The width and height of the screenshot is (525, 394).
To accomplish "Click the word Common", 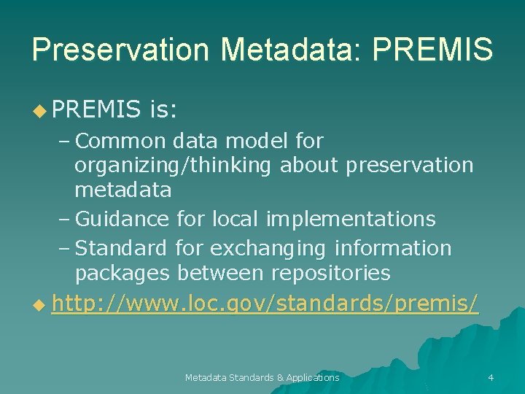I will [120, 139].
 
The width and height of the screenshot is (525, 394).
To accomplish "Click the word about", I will [309, 166].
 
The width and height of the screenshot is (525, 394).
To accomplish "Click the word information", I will [393, 248].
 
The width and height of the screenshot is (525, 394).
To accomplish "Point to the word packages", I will [122, 274].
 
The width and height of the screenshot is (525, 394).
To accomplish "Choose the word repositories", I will [330, 274].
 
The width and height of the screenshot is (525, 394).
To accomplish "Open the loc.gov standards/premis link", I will [265, 303].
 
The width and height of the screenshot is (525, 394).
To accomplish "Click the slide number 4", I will [491, 377].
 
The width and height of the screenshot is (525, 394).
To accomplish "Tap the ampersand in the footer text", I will [281, 377].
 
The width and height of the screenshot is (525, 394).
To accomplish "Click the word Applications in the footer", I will [313, 377].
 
